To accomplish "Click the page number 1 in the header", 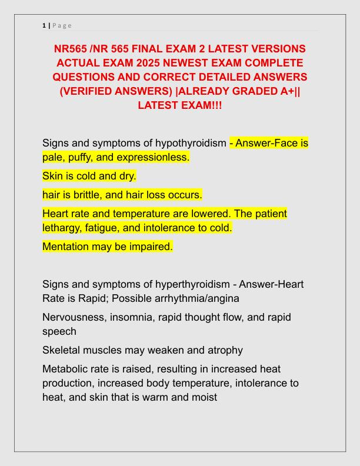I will [44, 25].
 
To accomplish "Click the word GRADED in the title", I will [252, 91].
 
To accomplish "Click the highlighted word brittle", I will [80, 194].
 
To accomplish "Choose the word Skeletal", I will [62, 350].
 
